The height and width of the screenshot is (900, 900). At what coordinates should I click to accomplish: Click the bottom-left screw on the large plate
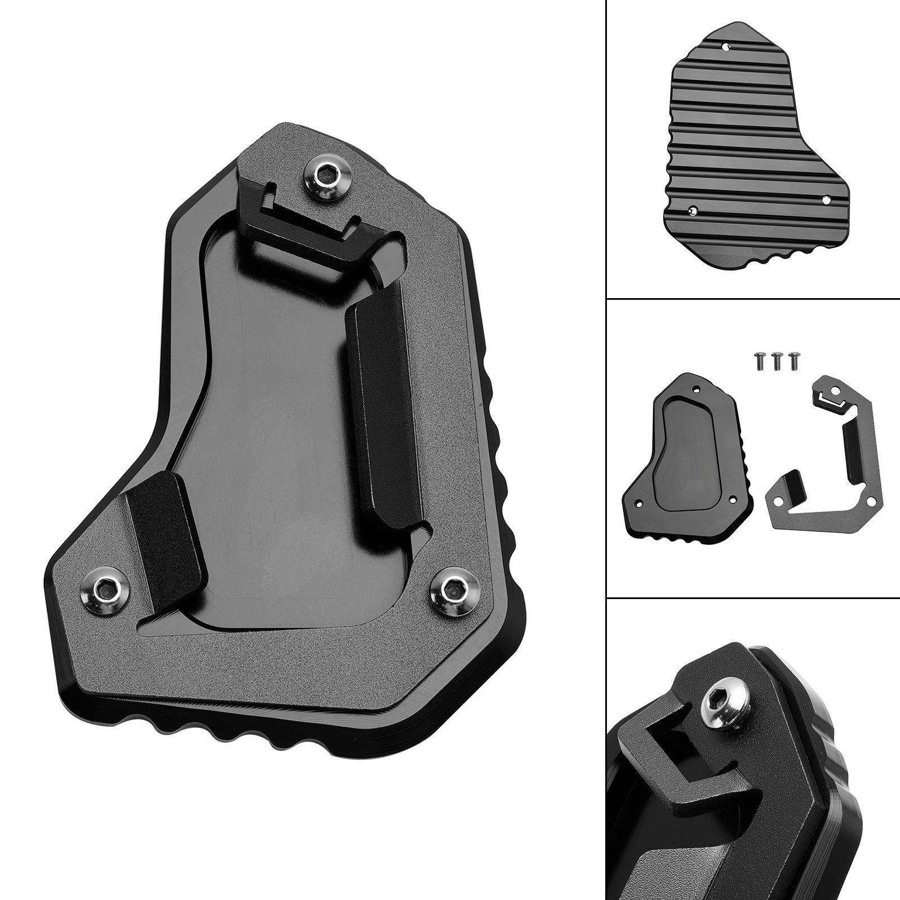(x=106, y=589)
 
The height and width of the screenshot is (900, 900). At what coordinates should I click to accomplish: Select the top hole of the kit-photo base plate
(x=697, y=388)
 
